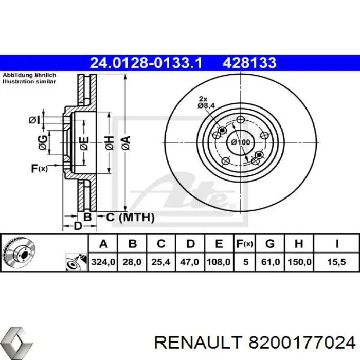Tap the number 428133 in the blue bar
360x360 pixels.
249,63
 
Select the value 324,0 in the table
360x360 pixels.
103,262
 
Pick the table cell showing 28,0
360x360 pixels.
132,262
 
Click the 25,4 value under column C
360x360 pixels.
161,262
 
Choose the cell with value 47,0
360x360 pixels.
190,262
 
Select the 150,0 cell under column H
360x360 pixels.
300,262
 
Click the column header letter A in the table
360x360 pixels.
103,244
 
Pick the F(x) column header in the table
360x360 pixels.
245,244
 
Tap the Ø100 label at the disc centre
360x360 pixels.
240,142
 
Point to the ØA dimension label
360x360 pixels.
124,140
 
